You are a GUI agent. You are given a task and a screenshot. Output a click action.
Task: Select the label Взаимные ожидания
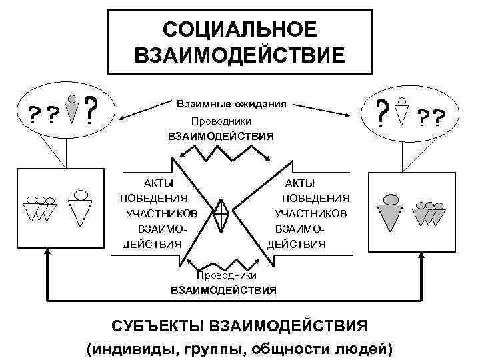pos(231,105)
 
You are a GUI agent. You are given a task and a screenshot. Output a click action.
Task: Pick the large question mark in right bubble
pos(381,113)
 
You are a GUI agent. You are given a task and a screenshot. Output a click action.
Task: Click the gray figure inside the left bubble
pos(74,109)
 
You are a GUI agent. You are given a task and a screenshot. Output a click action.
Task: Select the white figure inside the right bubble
pos(401,111)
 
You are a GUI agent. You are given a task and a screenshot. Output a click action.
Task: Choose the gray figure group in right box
pos(429,213)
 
